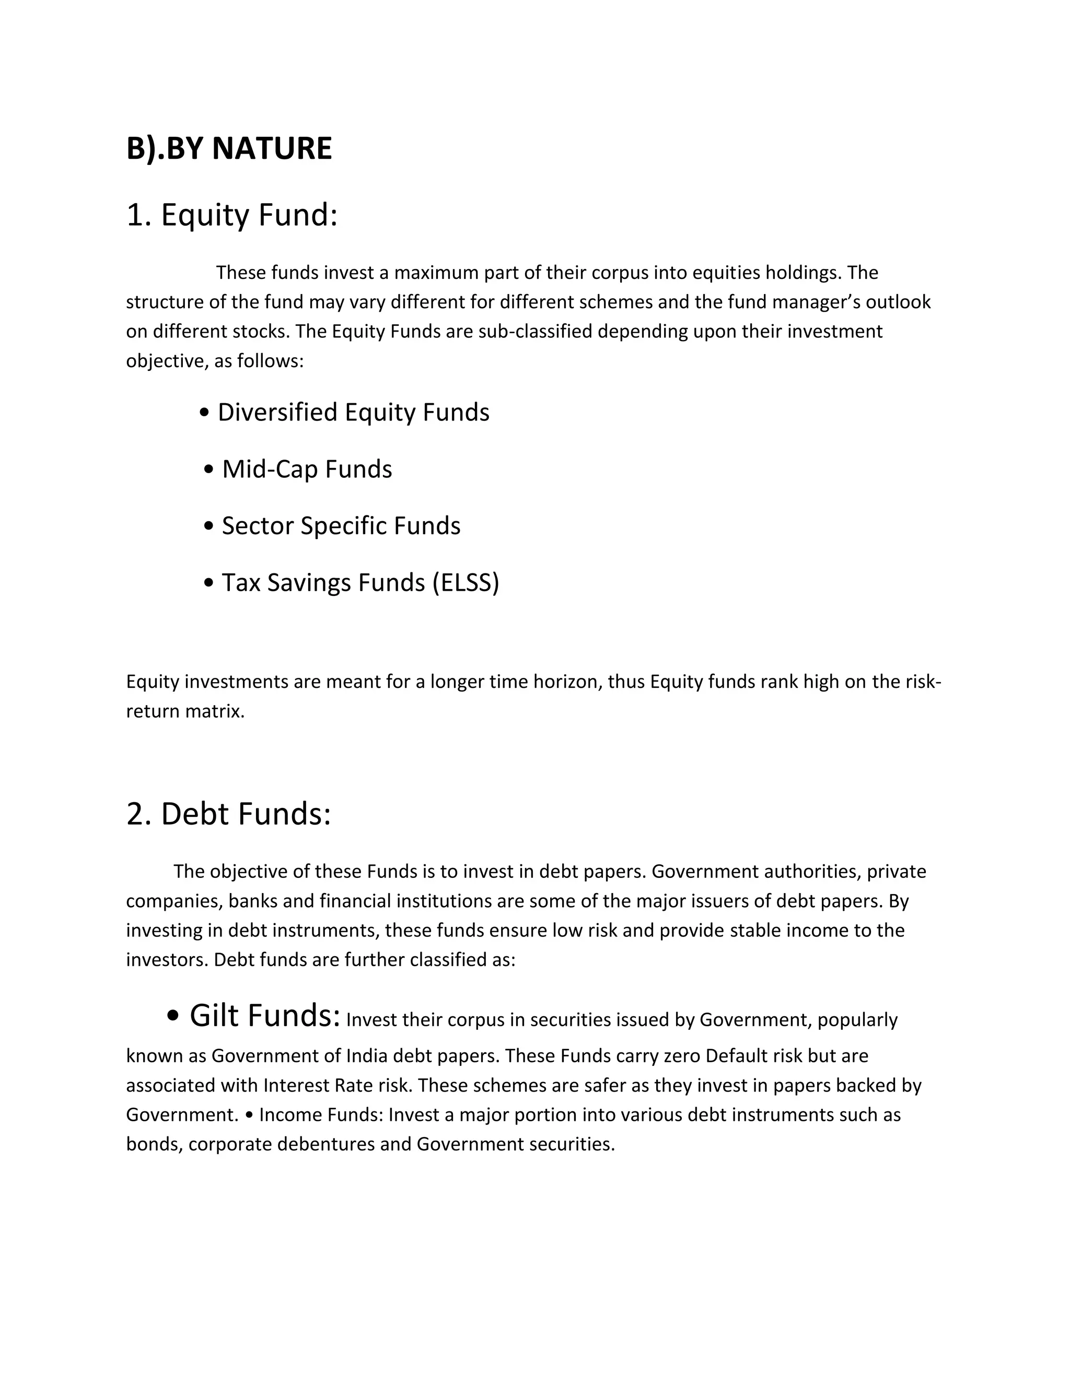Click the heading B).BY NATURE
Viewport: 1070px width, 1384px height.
(x=229, y=149)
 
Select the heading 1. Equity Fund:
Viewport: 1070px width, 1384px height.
(x=232, y=215)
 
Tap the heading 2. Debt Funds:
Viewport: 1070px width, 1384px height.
(x=229, y=814)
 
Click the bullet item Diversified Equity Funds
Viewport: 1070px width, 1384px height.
(x=353, y=413)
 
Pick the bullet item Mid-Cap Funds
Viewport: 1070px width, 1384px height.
(x=307, y=470)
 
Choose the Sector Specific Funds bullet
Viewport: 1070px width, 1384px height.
(x=341, y=526)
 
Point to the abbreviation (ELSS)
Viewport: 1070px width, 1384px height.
(x=466, y=583)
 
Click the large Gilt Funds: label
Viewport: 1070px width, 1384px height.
(x=265, y=1015)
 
